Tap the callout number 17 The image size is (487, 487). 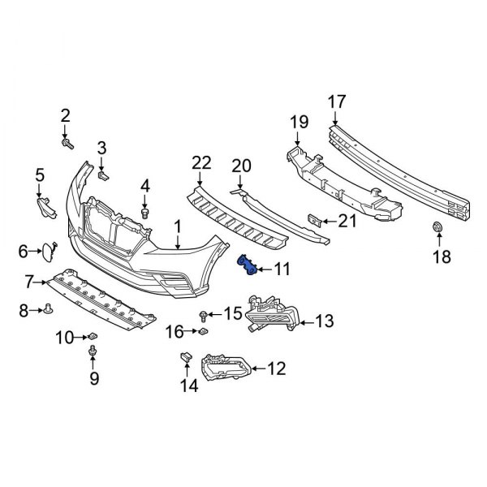(x=336, y=102)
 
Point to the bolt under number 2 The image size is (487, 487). (x=67, y=144)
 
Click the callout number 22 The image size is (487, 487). (x=200, y=164)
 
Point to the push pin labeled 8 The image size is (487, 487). (x=47, y=308)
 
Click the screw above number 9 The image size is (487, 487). (x=93, y=351)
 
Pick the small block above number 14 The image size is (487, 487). (x=184, y=357)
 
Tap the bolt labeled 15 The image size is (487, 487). (x=203, y=314)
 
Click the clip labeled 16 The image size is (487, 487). (x=202, y=331)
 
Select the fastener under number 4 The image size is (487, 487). (x=145, y=213)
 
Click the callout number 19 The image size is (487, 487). (x=299, y=123)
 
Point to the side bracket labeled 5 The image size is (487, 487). (x=46, y=209)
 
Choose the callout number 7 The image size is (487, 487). (x=29, y=282)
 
